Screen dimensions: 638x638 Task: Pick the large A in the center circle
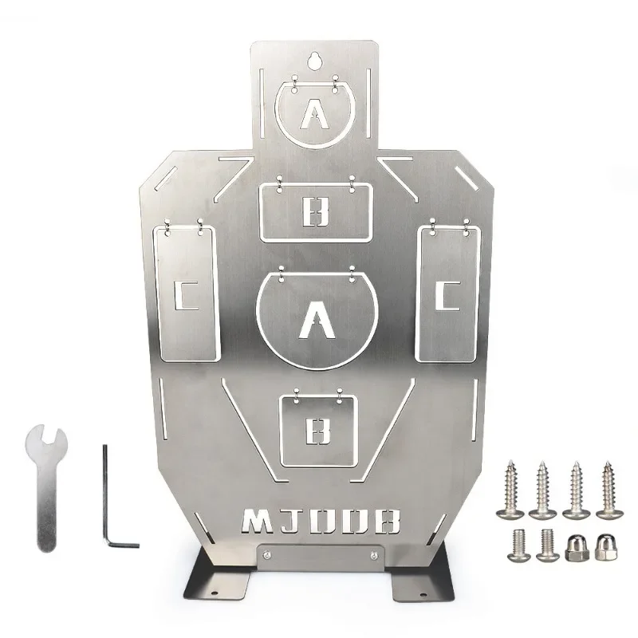pos(316,322)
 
